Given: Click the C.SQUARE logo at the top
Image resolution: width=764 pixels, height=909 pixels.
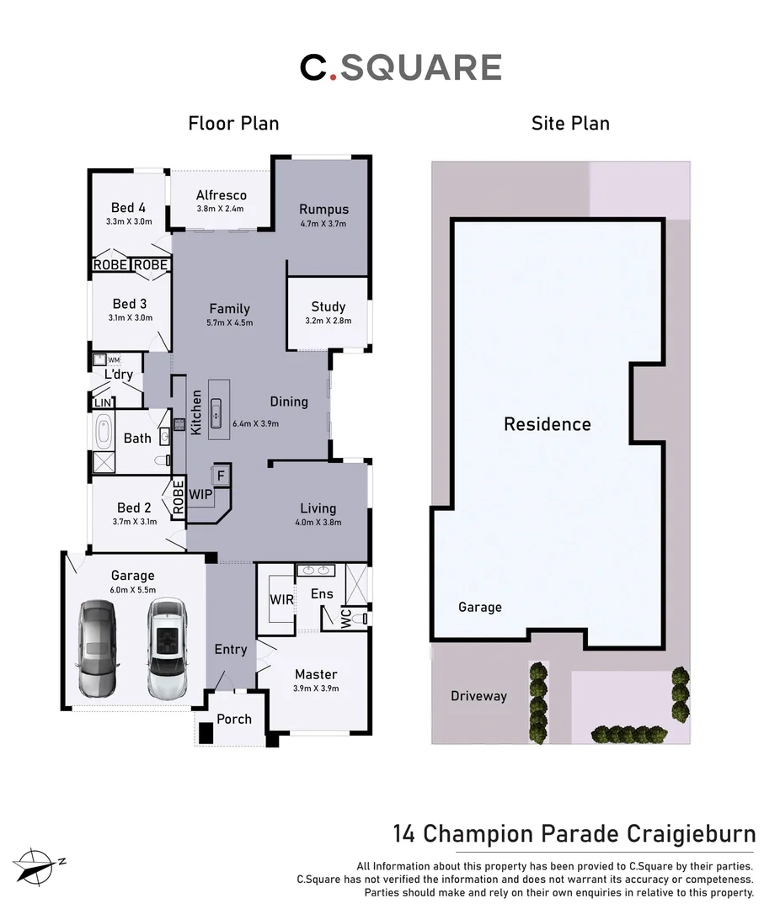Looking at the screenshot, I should [x=401, y=68].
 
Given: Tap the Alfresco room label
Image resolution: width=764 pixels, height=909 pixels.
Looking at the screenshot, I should [x=222, y=195].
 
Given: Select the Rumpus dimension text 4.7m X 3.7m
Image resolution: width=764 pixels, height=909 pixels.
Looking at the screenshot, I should [x=323, y=224].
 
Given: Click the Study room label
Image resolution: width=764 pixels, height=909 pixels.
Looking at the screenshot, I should [x=328, y=307].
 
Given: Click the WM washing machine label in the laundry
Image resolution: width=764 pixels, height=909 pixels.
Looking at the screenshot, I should [x=114, y=360].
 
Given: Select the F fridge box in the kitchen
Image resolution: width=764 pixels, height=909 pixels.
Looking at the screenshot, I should [x=221, y=476].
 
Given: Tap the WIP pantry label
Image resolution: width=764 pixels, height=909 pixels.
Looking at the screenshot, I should [x=200, y=495].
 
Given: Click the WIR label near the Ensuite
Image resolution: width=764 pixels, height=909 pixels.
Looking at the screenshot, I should [x=280, y=599].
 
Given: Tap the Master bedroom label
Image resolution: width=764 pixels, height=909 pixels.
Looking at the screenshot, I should [x=316, y=674].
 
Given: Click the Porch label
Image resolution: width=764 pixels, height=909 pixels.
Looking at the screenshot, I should [x=234, y=719].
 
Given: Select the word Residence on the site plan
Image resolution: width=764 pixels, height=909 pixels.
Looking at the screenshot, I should [x=548, y=424].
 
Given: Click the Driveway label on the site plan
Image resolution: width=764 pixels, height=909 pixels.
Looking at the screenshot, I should [x=478, y=696].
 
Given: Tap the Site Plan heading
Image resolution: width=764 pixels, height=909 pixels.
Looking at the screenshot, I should [x=570, y=124].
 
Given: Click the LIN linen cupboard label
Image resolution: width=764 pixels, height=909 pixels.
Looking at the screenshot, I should [x=103, y=403].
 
